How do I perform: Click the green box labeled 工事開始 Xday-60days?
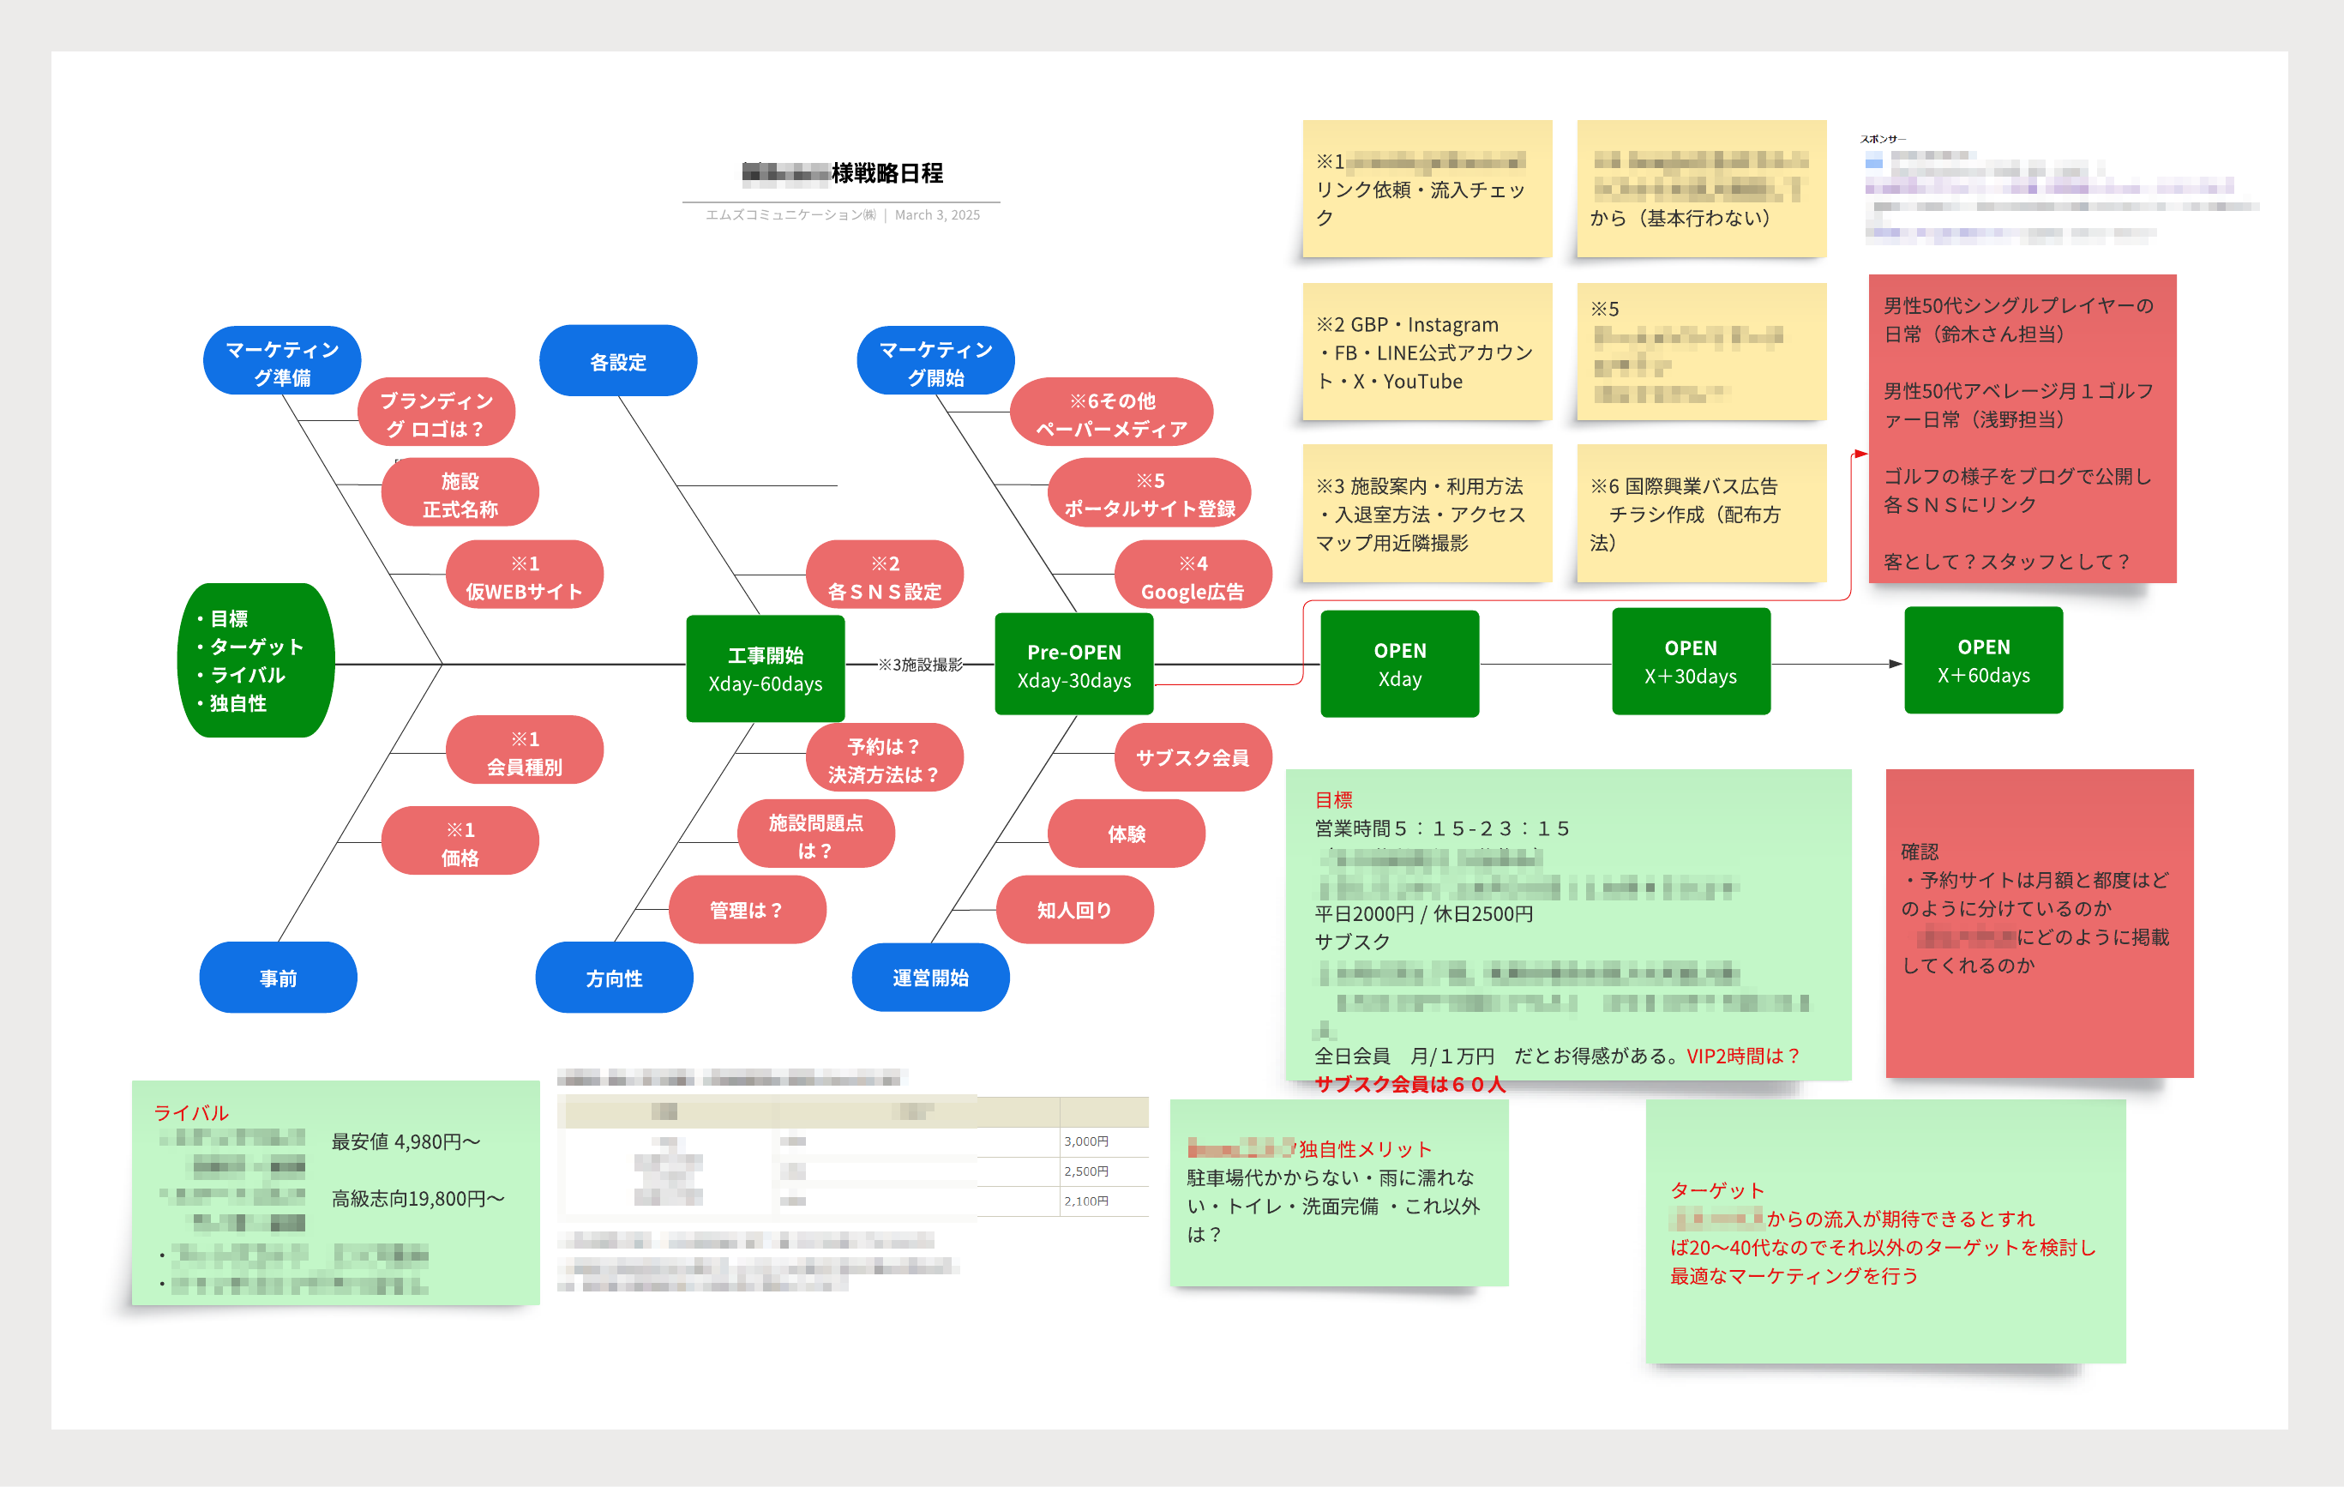[x=765, y=668]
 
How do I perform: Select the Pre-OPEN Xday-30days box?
[x=1073, y=665]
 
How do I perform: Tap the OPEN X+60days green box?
[x=1983, y=660]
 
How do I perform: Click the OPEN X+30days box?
[x=1691, y=661]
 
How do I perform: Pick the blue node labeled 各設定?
[x=618, y=361]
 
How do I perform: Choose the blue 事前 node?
[x=279, y=977]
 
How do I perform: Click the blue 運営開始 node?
[x=930, y=977]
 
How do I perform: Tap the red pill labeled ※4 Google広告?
[x=1193, y=576]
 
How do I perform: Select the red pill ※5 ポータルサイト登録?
[x=1150, y=494]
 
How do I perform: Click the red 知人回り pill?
[x=1074, y=910]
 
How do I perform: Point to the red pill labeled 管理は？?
[x=747, y=910]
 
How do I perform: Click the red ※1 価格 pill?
[x=460, y=842]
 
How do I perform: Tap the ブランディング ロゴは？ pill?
[x=436, y=414]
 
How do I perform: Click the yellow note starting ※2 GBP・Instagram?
[x=1426, y=352]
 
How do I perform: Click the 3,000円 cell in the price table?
[x=1086, y=1141]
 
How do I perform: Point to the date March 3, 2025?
[x=937, y=215]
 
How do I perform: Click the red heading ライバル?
[x=191, y=1112]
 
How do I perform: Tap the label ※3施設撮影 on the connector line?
[x=920, y=664]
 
